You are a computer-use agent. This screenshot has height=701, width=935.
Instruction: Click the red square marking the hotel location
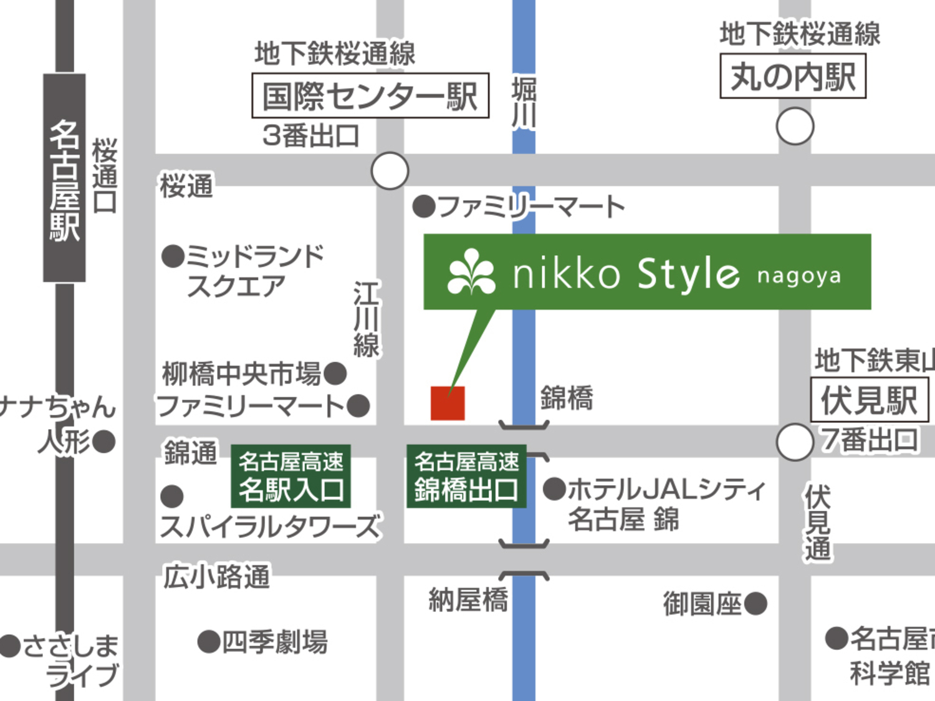pyautogui.click(x=448, y=403)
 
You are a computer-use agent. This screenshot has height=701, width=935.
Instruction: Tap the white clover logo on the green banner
pyautogui.click(x=472, y=272)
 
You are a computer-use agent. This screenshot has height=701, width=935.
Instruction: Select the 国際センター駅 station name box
pyautogui.click(x=370, y=95)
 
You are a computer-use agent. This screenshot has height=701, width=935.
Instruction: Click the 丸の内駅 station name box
pyautogui.click(x=793, y=76)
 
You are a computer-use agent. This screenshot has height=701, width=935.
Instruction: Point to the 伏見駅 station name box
pyautogui.click(x=870, y=400)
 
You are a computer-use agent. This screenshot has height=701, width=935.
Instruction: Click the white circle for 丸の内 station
pyautogui.click(x=795, y=126)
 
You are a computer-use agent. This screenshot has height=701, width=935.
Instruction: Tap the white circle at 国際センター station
pyautogui.click(x=390, y=170)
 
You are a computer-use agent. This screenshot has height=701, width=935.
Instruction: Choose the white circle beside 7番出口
pyautogui.click(x=795, y=442)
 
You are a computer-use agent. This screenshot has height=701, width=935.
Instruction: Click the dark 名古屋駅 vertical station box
pyautogui.click(x=64, y=178)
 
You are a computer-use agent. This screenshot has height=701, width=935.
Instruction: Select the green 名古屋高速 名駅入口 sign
pyautogui.click(x=290, y=476)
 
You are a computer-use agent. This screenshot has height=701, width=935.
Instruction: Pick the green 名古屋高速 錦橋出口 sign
pyautogui.click(x=466, y=476)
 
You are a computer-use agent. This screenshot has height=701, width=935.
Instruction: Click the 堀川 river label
pyautogui.click(x=524, y=103)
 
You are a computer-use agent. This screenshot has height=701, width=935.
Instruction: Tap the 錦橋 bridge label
pyautogui.click(x=566, y=398)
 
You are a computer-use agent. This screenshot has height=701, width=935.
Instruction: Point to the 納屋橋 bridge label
pyautogui.click(x=468, y=600)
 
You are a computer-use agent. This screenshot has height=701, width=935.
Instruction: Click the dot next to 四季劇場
pyautogui.click(x=209, y=641)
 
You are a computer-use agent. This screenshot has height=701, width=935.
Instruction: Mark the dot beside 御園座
pyautogui.click(x=755, y=603)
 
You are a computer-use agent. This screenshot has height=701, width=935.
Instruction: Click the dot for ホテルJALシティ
pyautogui.click(x=554, y=489)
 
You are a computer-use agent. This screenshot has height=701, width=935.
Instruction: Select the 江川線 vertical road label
pyautogui.click(x=367, y=319)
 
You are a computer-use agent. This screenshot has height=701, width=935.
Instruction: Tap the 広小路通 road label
pyautogui.click(x=216, y=576)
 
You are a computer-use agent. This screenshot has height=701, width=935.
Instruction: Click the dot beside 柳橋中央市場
pyautogui.click(x=335, y=374)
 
